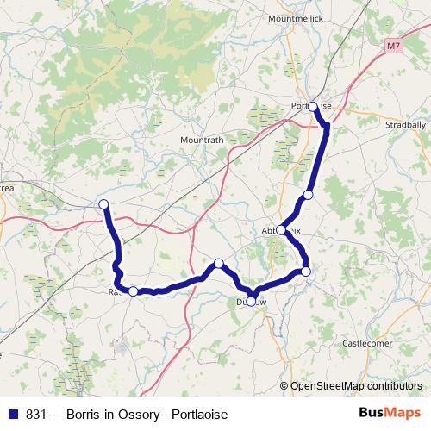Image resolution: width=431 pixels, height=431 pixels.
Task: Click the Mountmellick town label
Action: coord(295,18)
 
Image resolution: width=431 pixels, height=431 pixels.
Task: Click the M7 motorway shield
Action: coord(395,44)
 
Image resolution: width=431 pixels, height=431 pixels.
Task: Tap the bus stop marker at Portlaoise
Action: coord(313,107)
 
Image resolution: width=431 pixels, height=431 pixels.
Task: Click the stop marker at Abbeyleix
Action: coord(282,230)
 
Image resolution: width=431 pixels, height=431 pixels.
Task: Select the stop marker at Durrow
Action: coord(252,301)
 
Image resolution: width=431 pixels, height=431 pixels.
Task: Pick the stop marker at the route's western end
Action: coord(104,204)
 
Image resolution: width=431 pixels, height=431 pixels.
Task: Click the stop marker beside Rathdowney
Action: coord(133,291)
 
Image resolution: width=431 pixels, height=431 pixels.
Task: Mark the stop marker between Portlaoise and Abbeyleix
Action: coord(308,194)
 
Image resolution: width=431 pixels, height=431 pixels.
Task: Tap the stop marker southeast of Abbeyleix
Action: coord(305,272)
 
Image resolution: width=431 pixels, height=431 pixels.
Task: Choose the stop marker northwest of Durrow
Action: coord(219,263)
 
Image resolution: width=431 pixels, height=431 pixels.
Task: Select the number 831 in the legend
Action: coord(36,414)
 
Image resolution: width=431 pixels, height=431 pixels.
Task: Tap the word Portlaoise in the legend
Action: coord(200,414)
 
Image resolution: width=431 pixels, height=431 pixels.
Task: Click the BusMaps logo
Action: coord(389,414)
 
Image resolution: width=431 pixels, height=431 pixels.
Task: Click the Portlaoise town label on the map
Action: coord(311,105)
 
